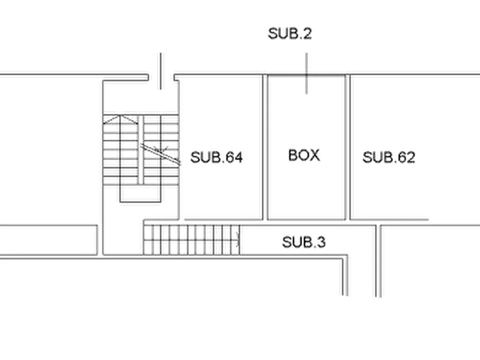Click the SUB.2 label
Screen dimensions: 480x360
tap(290, 33)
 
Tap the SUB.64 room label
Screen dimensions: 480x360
tap(217, 157)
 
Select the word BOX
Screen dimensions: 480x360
tap(304, 155)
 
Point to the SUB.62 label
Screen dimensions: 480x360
tap(389, 157)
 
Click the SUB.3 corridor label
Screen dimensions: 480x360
tap(304, 242)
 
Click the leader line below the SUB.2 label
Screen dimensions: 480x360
tap(306, 74)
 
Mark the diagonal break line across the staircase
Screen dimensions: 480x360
tap(160, 154)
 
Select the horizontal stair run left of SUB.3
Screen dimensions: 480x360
tap(191, 240)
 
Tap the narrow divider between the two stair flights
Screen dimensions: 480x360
tap(141, 150)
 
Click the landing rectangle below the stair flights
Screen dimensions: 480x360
tap(140, 194)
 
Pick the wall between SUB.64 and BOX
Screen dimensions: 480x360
tap(265, 147)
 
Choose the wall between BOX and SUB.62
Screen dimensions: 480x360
tap(347, 147)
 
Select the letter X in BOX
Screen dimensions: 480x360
tap(315, 155)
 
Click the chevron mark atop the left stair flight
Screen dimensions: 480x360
tap(120, 120)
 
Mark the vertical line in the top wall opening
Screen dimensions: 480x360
tap(161, 71)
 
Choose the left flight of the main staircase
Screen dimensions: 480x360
tap(120, 150)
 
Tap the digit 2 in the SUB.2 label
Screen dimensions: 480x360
tap(307, 33)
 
